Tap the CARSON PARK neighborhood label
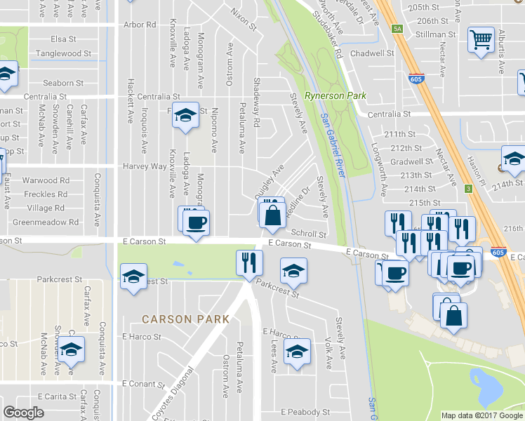click(x=185, y=319)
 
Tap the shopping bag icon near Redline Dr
click(x=272, y=215)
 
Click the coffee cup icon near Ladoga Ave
click(x=195, y=223)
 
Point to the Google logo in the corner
click(x=24, y=413)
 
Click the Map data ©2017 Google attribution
click(x=481, y=415)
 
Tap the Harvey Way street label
click(x=145, y=166)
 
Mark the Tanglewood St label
click(x=64, y=53)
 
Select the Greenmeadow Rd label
click(x=46, y=222)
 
